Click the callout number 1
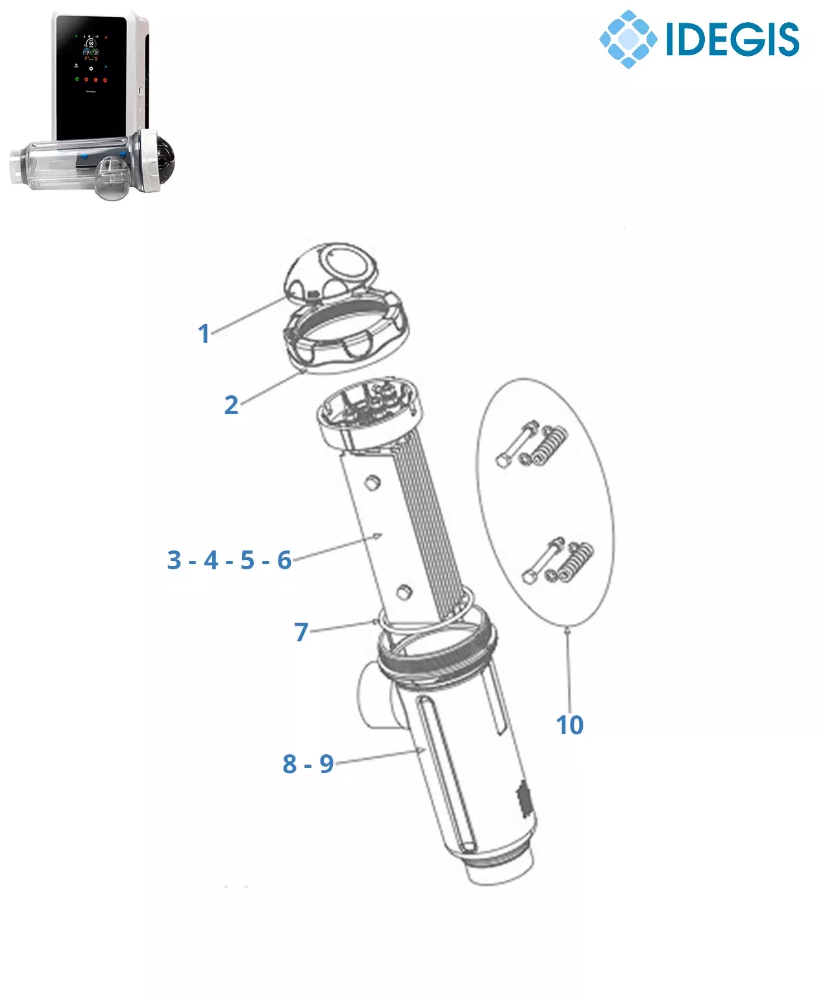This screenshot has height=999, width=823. tap(204, 334)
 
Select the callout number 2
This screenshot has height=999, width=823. tap(232, 405)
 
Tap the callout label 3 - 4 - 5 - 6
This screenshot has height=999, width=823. tap(229, 560)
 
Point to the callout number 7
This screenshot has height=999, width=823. tap(301, 632)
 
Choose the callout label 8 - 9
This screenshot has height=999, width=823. tap(308, 763)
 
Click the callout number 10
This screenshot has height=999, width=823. tap(569, 725)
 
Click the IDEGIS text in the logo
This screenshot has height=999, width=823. tap(732, 39)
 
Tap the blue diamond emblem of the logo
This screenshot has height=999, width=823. tap(628, 39)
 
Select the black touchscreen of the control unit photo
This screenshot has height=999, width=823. tap(91, 77)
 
